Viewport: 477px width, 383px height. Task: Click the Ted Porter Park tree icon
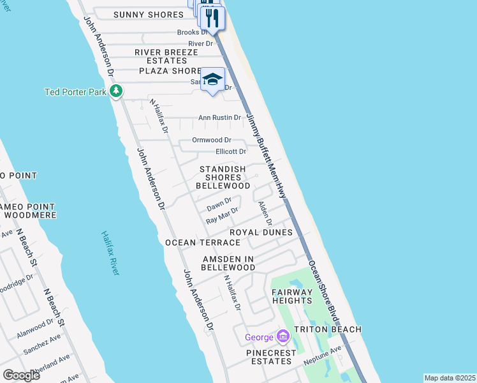point(115,92)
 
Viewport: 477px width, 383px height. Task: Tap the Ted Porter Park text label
point(75,92)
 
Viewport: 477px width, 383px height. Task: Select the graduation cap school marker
point(213,80)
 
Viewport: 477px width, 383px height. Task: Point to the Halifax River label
point(110,253)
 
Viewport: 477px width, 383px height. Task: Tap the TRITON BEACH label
point(327,329)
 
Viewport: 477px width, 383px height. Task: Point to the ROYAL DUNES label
point(261,232)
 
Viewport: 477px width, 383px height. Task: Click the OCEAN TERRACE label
point(193,243)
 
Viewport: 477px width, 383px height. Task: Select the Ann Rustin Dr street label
point(219,117)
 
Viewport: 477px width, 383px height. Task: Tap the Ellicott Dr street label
point(230,151)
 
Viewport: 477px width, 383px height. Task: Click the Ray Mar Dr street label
point(222,215)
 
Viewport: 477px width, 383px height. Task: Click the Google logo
point(21,375)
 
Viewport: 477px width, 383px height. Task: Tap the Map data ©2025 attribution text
point(450,378)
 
